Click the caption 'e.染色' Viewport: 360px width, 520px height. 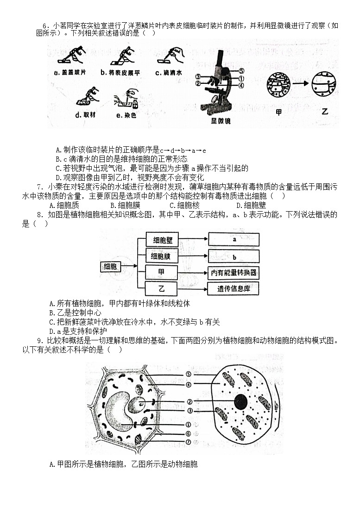(125, 115)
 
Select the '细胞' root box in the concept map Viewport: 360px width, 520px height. (111, 266)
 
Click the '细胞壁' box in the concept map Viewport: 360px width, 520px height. (161, 240)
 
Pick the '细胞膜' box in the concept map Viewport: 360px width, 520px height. (161, 256)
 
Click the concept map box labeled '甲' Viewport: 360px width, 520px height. (161, 272)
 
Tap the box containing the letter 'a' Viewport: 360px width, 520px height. (234, 240)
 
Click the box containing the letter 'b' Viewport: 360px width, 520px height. (234, 256)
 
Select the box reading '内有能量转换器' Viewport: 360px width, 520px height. (234, 273)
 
